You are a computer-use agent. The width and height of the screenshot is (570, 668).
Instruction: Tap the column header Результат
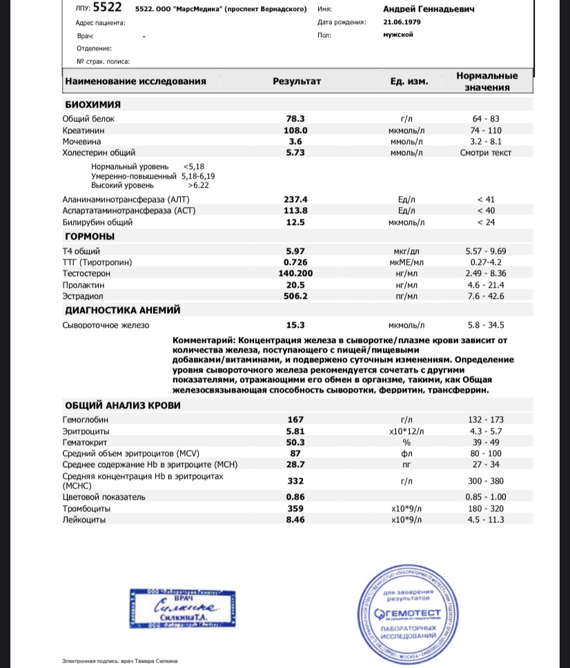[x=297, y=81]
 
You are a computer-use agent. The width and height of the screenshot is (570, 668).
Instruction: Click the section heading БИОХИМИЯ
[x=92, y=104]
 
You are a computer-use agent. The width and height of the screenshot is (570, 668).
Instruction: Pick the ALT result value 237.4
[x=295, y=199]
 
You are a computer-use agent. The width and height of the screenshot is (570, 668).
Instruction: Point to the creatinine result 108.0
[x=295, y=130]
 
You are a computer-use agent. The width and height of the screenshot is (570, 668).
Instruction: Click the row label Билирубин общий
[x=97, y=222]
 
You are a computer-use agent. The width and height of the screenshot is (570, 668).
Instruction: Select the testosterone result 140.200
[x=295, y=273]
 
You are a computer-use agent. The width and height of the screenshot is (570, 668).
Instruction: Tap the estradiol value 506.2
[x=295, y=296]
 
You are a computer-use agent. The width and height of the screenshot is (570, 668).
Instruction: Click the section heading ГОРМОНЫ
[x=90, y=237]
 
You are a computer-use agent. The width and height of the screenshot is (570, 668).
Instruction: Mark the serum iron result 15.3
[x=295, y=325]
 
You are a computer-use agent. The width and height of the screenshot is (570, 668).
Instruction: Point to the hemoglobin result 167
[x=295, y=420]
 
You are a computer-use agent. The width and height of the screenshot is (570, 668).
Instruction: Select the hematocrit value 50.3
[x=295, y=442]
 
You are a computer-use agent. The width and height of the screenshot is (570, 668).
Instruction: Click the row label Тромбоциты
[x=86, y=509]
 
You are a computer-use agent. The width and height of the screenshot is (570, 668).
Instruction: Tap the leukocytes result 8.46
[x=295, y=520]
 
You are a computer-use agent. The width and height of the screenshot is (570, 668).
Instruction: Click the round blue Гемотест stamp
[x=412, y=607]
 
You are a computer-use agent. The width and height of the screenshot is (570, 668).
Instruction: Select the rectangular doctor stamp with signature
[x=184, y=607]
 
